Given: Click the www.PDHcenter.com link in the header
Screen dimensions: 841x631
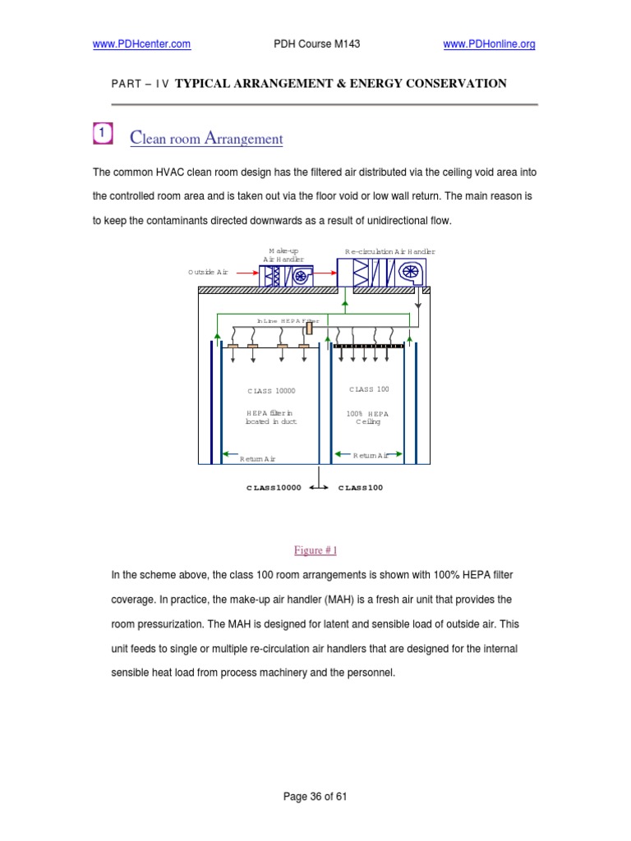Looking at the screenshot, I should [143, 45].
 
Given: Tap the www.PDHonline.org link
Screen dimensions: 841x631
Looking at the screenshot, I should [489, 45].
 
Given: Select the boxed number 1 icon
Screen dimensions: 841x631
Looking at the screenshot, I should [103, 135].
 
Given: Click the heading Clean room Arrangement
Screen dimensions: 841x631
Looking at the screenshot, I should [206, 139].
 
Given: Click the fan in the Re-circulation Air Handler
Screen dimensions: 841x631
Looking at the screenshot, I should [408, 272].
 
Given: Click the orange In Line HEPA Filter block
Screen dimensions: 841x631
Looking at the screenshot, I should [310, 328].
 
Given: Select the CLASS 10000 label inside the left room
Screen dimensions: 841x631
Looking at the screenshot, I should [271, 391].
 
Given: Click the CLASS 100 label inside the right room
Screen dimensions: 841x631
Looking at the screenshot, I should [369, 388].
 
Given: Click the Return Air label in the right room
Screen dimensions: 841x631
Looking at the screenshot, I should [369, 455].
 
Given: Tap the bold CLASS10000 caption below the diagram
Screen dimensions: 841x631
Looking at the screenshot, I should [274, 487].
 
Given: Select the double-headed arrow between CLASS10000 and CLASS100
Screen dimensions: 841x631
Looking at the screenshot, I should [320, 487].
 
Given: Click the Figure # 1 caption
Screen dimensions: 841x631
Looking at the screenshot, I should [317, 550].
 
